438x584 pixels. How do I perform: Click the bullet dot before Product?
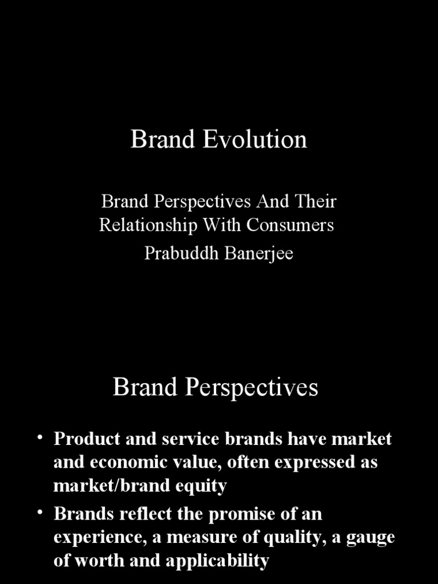40,437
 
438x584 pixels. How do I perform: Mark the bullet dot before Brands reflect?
40,513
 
